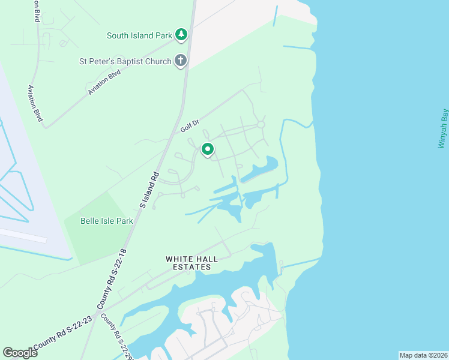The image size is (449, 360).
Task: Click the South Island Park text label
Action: pyautogui.click(x=140, y=35)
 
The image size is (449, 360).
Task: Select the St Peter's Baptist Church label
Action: pyautogui.click(x=125, y=61)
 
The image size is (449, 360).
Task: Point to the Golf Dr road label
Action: pyautogui.click(x=189, y=126)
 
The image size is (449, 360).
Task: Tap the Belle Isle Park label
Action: pyautogui.click(x=107, y=221)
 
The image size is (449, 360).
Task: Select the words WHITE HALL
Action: pyautogui.click(x=189, y=259)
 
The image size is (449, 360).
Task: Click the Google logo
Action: pyautogui.click(x=20, y=353)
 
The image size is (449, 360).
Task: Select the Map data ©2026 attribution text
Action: pyautogui.click(x=423, y=355)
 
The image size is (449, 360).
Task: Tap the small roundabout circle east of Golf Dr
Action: pyautogui.click(x=261, y=125)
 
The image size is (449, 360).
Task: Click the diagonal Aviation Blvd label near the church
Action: pyautogui.click(x=104, y=82)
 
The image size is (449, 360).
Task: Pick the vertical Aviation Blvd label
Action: pyautogui.click(x=35, y=103)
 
